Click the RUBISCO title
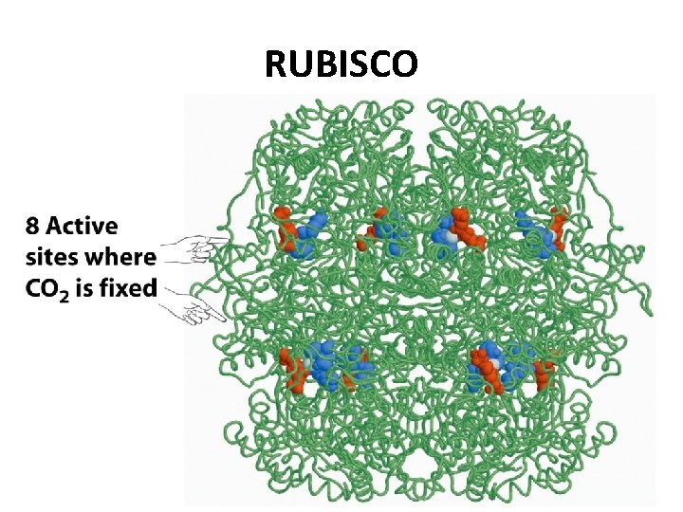click(x=341, y=64)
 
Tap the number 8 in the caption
click(x=33, y=227)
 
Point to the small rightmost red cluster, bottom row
click(x=544, y=373)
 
